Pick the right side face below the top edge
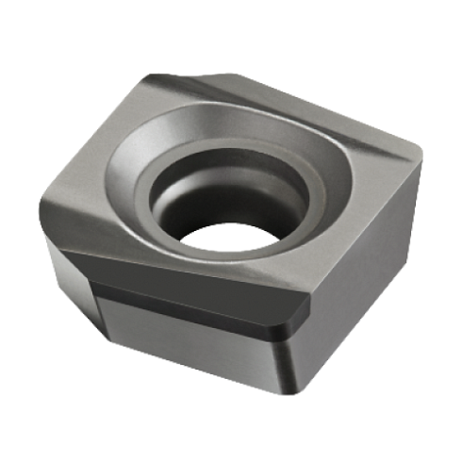pyautogui.click(x=368, y=273)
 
